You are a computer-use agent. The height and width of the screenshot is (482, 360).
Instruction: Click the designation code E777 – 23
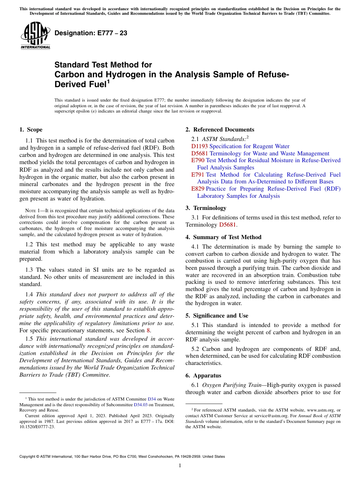coord(91,33)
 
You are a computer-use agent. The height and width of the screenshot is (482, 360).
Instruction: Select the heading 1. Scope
coord(31,130)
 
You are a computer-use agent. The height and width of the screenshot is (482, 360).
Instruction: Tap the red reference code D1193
coord(200,146)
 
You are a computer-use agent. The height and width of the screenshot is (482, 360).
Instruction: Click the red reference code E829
coord(198,189)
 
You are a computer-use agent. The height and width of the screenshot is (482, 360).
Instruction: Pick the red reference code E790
coord(198,160)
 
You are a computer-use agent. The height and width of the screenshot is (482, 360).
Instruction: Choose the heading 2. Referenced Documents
coord(220,130)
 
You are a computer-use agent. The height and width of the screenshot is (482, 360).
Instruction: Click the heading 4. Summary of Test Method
coord(223,237)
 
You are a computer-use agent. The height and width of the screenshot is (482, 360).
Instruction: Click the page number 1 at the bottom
coord(180,466)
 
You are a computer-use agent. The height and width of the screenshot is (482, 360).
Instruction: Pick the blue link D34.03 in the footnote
coord(141,405)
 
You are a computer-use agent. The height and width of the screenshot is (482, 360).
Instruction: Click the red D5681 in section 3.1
coord(228,225)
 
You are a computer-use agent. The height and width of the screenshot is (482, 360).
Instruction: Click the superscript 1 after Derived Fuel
coord(108,81)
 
